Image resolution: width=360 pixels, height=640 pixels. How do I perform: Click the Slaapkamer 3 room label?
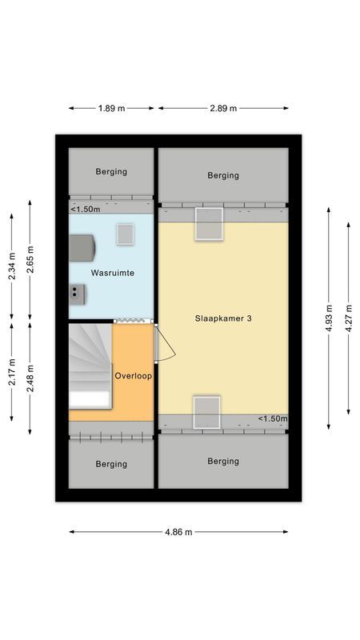223,318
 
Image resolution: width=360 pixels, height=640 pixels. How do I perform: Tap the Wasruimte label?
112,274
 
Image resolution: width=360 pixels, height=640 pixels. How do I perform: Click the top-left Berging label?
111,171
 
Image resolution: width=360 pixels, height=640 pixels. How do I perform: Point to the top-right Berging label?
223,175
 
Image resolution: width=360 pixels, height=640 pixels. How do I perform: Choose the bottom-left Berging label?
111,464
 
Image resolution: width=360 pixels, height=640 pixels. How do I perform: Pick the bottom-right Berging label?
223,461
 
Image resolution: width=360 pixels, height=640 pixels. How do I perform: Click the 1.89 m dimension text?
112,108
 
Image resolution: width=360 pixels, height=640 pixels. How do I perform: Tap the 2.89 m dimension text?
222,108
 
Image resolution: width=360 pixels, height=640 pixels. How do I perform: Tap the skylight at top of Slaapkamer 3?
210,223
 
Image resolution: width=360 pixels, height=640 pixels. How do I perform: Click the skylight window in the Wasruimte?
126,234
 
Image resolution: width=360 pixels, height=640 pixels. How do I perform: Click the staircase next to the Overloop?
89,364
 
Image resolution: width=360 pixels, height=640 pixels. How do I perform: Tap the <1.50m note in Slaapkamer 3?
272,419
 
